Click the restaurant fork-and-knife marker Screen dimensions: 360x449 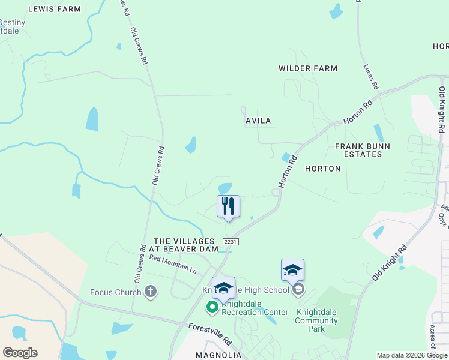228,206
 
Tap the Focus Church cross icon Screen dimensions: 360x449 151,292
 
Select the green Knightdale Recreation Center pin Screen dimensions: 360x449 212,307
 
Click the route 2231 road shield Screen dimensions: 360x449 230,241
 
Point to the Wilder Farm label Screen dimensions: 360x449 308,68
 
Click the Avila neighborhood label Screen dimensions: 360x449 259,121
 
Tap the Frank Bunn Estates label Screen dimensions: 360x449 363,150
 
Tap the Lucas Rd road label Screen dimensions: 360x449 370,77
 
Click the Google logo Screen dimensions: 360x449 20,352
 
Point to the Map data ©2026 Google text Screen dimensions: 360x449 411,355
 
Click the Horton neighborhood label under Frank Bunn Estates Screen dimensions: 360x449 323,169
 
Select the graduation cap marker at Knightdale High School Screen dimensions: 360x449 292,271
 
